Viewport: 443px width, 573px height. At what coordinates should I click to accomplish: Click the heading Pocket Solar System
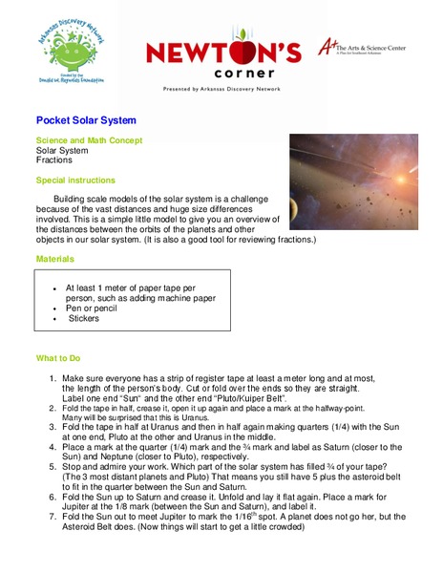(86, 121)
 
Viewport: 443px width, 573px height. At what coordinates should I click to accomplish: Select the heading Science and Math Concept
(92, 139)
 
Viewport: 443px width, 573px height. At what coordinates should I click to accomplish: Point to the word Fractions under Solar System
(53, 160)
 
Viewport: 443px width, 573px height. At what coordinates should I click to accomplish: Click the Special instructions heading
(75, 180)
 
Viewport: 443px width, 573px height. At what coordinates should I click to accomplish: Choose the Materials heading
(54, 259)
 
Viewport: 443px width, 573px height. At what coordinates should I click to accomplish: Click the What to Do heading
(63, 358)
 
